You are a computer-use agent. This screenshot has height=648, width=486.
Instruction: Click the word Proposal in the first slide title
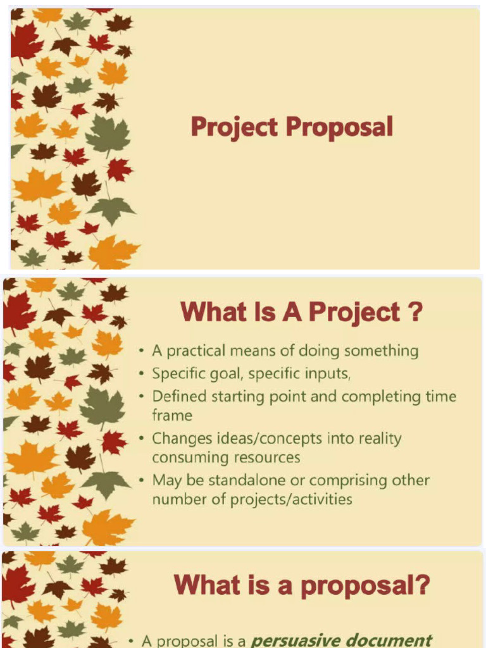click(339, 127)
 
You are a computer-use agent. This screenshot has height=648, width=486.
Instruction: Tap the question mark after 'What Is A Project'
click(414, 312)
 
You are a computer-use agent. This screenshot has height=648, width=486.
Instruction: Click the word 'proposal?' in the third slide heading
click(366, 585)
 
